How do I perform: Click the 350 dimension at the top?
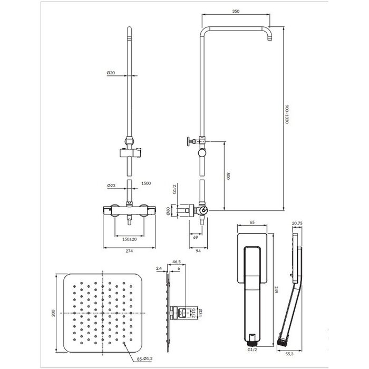click(236, 11)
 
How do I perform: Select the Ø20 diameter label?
click(111, 73)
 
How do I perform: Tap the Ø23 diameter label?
click(111, 186)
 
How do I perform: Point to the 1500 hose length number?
click(146, 183)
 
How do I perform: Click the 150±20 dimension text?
click(130, 239)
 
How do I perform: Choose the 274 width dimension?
click(129, 251)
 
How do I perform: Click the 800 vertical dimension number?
click(228, 176)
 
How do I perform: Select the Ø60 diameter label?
click(168, 211)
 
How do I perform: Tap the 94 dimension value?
click(198, 251)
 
